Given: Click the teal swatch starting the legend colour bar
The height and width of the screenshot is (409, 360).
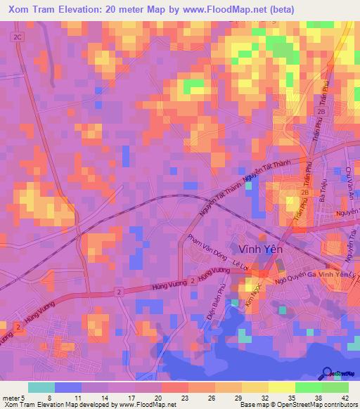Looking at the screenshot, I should (41, 387).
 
